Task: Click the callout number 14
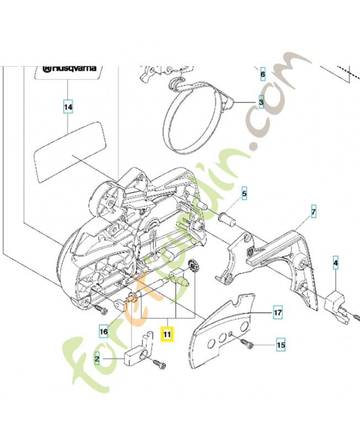[x=67, y=107]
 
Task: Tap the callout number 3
[x=261, y=103]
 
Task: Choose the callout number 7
[x=313, y=212]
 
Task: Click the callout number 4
[x=335, y=264]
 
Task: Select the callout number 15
[x=280, y=345]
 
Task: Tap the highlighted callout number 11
[x=167, y=333]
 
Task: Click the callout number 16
[x=103, y=331]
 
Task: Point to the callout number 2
[x=97, y=359]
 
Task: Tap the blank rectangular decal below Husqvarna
[x=69, y=149]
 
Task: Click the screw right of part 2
[x=158, y=365]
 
